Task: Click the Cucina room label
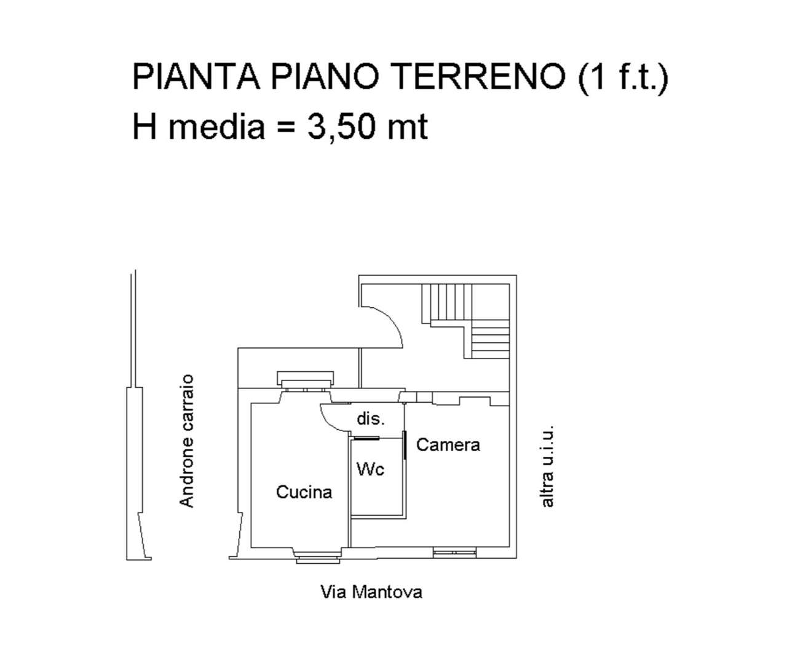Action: point(304,492)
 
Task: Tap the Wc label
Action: point(370,469)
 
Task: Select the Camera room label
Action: point(448,444)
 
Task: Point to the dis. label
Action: point(371,419)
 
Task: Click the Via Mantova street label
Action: point(371,592)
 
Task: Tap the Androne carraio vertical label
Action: point(186,441)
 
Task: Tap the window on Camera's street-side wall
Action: point(454,553)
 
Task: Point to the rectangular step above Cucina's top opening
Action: point(304,377)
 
